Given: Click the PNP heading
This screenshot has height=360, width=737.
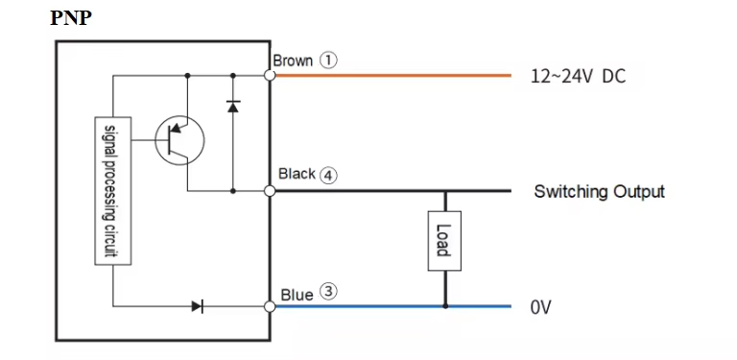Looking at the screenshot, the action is pyautogui.click(x=71, y=18).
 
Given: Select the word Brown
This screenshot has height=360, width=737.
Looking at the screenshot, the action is pyautogui.click(x=293, y=60).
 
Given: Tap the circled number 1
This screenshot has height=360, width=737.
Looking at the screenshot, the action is pyautogui.click(x=328, y=60).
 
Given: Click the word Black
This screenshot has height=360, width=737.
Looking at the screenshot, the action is pyautogui.click(x=297, y=174).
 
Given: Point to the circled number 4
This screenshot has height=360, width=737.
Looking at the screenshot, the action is pyautogui.click(x=328, y=176).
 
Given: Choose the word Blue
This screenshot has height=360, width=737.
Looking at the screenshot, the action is pyautogui.click(x=297, y=295).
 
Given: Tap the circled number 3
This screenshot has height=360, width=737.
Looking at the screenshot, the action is pyautogui.click(x=328, y=292).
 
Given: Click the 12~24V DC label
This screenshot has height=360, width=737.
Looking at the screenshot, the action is pyautogui.click(x=578, y=76).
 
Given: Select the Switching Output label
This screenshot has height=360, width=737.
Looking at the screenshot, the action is pyautogui.click(x=599, y=192).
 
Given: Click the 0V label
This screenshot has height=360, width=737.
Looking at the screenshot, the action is pyautogui.click(x=540, y=307).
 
